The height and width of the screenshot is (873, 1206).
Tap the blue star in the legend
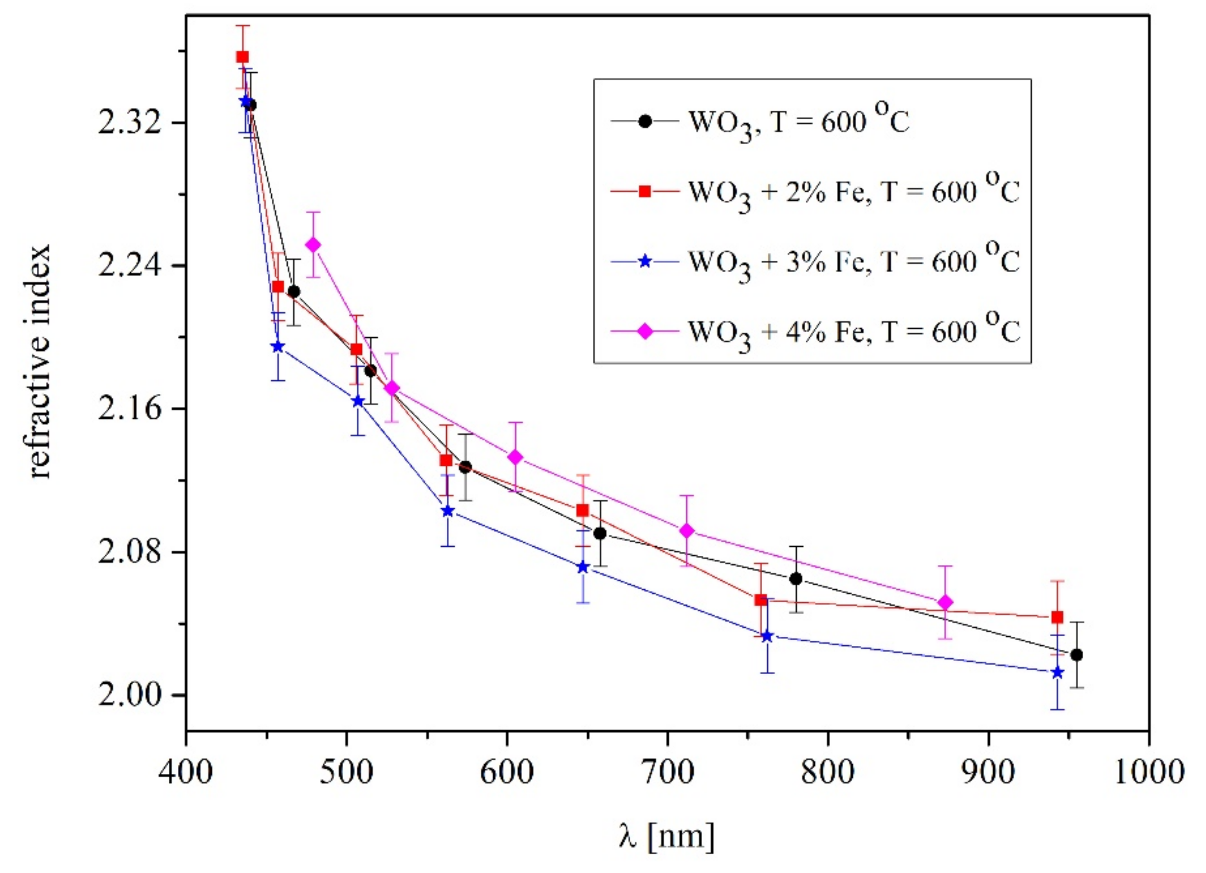pyautogui.click(x=645, y=262)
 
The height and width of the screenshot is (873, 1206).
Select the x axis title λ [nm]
pyautogui.click(x=667, y=836)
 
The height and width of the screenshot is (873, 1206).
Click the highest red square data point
pyautogui.click(x=243, y=57)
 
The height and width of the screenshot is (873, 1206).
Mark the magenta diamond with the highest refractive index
pyautogui.click(x=313, y=244)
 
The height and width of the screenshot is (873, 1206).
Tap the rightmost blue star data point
pyautogui.click(x=1057, y=673)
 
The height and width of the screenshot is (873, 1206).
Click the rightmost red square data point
pyautogui.click(x=1057, y=617)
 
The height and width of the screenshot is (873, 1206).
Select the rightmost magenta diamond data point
pyautogui.click(x=945, y=602)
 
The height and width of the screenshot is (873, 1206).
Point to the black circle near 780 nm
pyautogui.click(x=796, y=579)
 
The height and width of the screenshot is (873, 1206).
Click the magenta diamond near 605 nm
pyautogui.click(x=515, y=457)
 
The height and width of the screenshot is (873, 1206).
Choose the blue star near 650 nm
pyautogui.click(x=583, y=567)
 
